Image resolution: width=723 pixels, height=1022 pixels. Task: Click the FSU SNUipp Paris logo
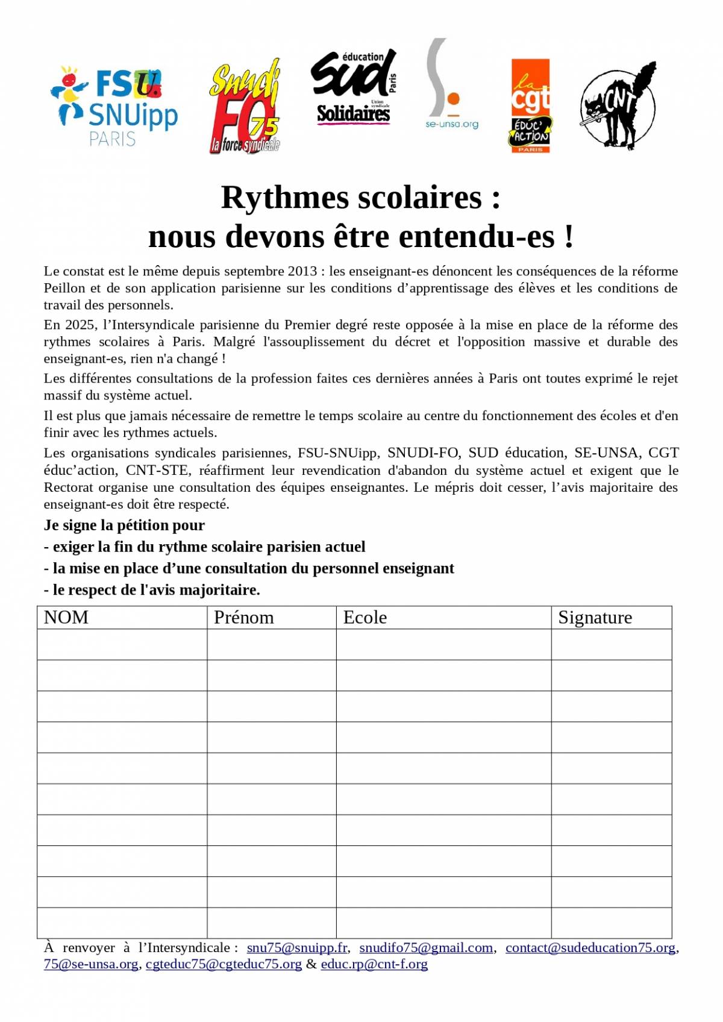(114, 105)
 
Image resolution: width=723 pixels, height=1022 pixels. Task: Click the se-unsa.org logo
(450, 84)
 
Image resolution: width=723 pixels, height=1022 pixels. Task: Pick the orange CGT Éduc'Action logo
(530, 105)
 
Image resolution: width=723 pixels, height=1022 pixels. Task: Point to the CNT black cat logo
(618, 105)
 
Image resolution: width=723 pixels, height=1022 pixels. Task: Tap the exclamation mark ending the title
(569, 236)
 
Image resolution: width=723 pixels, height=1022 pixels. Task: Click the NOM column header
(66, 618)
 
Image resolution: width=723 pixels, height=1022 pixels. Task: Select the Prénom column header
(243, 618)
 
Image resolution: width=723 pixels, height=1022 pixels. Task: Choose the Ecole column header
(365, 618)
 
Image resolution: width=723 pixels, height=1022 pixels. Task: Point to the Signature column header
(595, 618)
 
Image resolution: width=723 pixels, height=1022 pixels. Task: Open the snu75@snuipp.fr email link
(297, 948)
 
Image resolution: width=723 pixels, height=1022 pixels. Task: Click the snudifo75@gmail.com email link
(426, 948)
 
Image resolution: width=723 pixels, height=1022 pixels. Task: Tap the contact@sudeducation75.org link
(590, 948)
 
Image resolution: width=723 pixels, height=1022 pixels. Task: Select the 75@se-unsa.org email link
(91, 964)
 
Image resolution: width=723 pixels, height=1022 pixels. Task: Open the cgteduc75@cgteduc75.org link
(224, 964)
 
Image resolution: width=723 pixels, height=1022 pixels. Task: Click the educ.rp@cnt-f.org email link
(374, 964)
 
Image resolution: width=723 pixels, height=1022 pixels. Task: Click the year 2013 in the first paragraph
(302, 271)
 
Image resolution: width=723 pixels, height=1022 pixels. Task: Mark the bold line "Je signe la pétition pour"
(124, 525)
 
